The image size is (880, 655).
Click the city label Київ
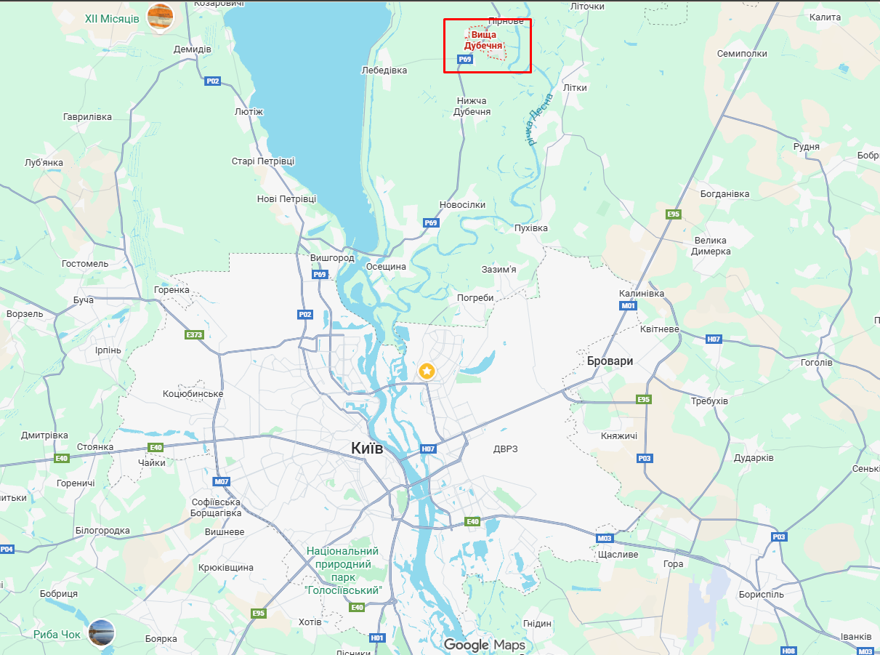click(366, 449)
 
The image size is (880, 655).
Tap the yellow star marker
click(427, 371)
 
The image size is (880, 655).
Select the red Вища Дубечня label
click(484, 40)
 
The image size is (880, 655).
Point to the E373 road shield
click(195, 335)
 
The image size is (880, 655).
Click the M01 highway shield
click(629, 306)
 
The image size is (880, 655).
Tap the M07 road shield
click(222, 481)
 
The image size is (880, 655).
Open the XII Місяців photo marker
click(160, 18)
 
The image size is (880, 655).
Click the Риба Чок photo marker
click(101, 633)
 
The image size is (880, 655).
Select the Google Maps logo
click(484, 645)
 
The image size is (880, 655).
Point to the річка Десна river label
click(541, 118)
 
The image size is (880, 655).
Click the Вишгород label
click(332, 258)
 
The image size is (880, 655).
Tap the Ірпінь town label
click(108, 350)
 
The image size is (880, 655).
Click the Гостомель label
click(85, 264)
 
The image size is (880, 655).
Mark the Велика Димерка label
click(711, 246)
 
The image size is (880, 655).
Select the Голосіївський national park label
click(342, 571)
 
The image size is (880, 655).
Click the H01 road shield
click(376, 638)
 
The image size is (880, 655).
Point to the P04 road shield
click(7, 549)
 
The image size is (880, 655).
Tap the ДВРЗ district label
click(505, 449)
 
